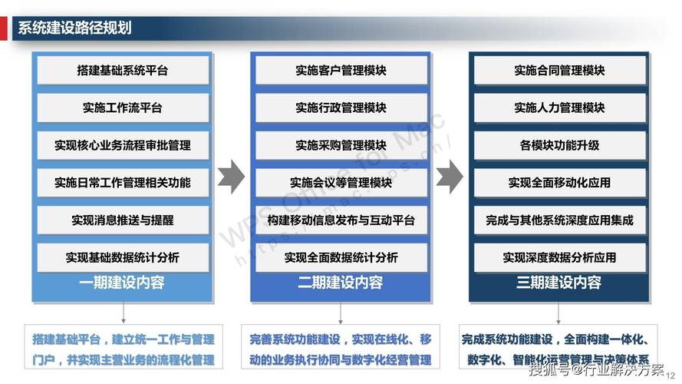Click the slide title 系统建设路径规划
[74, 28]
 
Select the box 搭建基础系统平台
[123, 71]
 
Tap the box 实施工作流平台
[123, 108]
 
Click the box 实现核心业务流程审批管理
[123, 145]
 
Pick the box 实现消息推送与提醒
[123, 220]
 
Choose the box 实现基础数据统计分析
[123, 257]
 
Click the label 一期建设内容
[123, 283]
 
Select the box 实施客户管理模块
[341, 71]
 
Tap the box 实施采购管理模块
[341, 145]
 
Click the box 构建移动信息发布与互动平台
[341, 220]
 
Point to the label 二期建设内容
[341, 283]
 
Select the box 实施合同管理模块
[559, 71]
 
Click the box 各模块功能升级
[559, 145]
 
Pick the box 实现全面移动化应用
[559, 183]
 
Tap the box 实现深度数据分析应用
[559, 257]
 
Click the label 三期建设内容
[559, 283]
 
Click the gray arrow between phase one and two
[231, 177]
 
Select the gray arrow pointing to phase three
[450, 177]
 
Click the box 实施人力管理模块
[559, 108]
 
